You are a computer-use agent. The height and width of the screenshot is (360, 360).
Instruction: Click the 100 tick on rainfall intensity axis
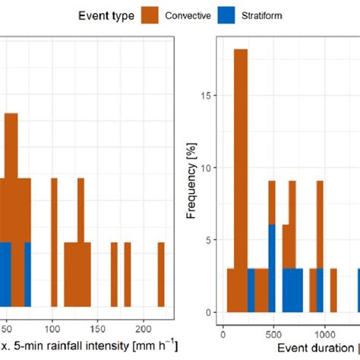[x=52, y=331]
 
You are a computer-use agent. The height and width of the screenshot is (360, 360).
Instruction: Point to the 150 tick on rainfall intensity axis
[x=99, y=331]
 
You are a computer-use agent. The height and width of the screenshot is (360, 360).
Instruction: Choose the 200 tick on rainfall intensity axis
[x=144, y=331]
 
